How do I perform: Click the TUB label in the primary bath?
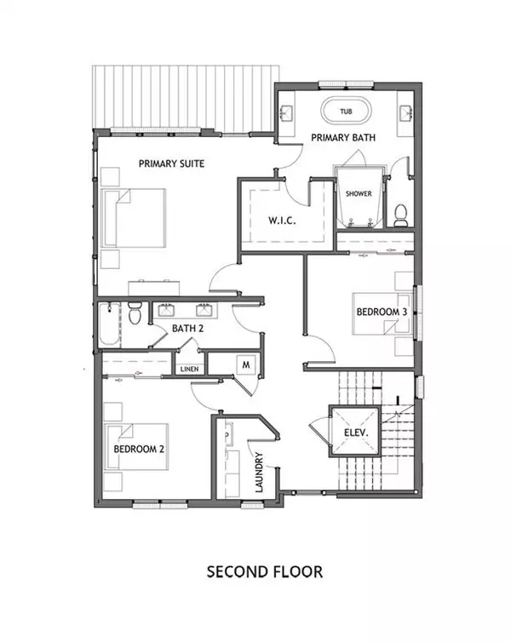pyautogui.click(x=346, y=112)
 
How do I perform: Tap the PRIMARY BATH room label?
pyautogui.click(x=343, y=137)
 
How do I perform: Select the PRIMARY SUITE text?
pyautogui.click(x=173, y=163)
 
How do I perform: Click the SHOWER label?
pyautogui.click(x=359, y=193)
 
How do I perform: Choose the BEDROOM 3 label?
pyautogui.click(x=381, y=312)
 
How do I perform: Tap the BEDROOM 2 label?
pyautogui.click(x=138, y=449)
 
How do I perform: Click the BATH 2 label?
pyautogui.click(x=187, y=328)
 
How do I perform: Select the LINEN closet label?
pyautogui.click(x=189, y=369)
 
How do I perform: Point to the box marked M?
pyautogui.click(x=246, y=364)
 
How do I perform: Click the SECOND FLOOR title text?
pyautogui.click(x=265, y=570)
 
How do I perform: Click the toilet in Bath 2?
pyautogui.click(x=133, y=314)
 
